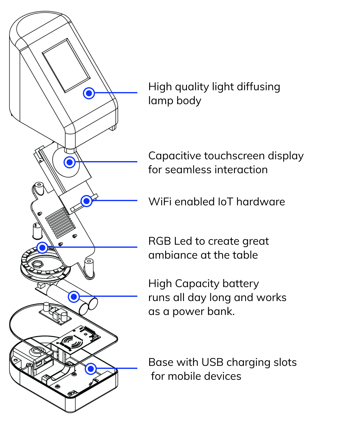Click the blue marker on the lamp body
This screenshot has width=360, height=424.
click(x=89, y=93)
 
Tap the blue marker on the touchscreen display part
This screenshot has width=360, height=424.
click(x=70, y=162)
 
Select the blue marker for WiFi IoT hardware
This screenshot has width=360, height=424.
click(x=87, y=201)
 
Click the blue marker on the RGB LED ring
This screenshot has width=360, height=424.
click(x=42, y=248)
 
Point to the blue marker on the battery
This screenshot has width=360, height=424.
click(x=74, y=297)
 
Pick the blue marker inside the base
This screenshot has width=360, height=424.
click(x=91, y=369)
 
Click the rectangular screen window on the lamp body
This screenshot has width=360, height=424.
click(x=66, y=65)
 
